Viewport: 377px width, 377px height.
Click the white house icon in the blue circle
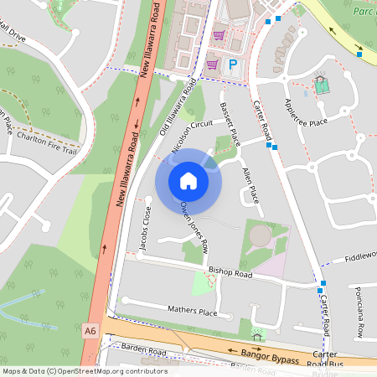(x=188, y=180)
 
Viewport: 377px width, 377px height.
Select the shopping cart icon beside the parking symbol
(x=213, y=64)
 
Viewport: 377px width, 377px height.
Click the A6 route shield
(x=90, y=332)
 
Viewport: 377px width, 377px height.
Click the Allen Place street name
(x=250, y=186)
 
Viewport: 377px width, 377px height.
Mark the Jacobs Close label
(x=143, y=229)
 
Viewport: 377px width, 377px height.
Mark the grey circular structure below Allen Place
(x=261, y=237)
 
